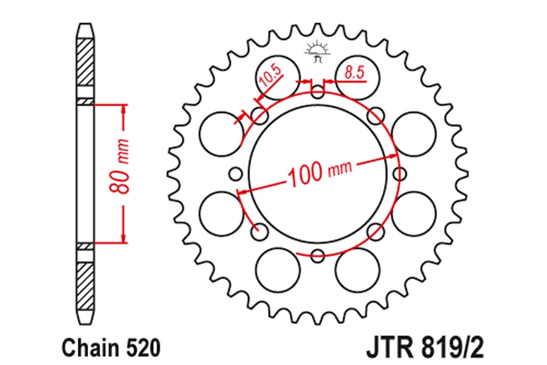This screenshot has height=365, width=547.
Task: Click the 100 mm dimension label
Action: tap(320, 173)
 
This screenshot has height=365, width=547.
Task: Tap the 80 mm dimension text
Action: tap(119, 167)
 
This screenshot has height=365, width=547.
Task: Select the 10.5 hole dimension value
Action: tap(270, 76)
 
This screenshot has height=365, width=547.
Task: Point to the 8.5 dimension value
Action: tap(354, 72)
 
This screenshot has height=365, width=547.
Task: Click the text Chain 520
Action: tap(112, 348)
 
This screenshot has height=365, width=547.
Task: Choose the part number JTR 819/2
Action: tap(425, 348)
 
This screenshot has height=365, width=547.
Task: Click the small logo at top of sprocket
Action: tap(317, 52)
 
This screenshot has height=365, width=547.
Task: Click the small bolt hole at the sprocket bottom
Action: tap(317, 256)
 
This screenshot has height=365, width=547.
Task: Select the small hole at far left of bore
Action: tap(235, 174)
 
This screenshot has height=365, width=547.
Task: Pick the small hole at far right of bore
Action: tap(399, 174)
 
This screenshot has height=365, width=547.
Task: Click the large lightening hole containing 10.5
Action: tap(278, 77)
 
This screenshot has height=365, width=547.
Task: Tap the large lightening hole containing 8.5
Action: tap(357, 77)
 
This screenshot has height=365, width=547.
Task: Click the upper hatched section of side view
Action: tap(86, 62)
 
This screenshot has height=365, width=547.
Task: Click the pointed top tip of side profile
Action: tap(86, 24)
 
